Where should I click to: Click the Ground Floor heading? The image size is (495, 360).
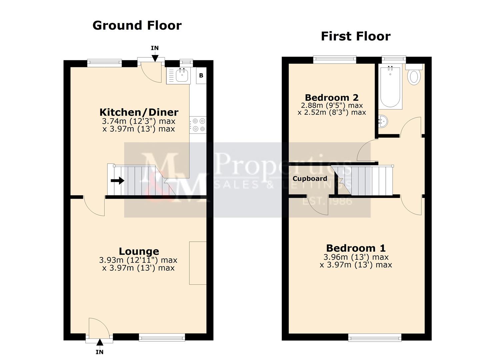coord(137,26)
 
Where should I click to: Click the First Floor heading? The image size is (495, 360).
coord(355,36)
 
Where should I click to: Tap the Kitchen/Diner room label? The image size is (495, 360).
coord(139,112)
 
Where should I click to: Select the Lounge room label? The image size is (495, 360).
coord(139,251)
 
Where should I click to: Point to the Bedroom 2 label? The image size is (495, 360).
coord(332,98)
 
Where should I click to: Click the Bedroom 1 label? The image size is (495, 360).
coord(356,248)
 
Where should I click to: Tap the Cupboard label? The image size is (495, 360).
coord(310,179)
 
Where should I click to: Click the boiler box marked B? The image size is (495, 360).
coord(201,76)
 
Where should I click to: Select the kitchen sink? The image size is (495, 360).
coord(182,75)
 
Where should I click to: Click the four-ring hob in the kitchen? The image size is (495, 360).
coord(198,125)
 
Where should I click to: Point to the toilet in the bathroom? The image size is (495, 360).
coord(414,76)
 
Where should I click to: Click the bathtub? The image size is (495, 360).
coord(390,87)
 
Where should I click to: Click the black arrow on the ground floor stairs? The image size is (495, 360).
coord(117,181)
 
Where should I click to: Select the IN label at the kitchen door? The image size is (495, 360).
coord(155,48)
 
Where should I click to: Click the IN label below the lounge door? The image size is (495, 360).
coord(99,352)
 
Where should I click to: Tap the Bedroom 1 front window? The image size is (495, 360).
coord(375,338)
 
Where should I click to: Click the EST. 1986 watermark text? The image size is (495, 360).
coord(327,201)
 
